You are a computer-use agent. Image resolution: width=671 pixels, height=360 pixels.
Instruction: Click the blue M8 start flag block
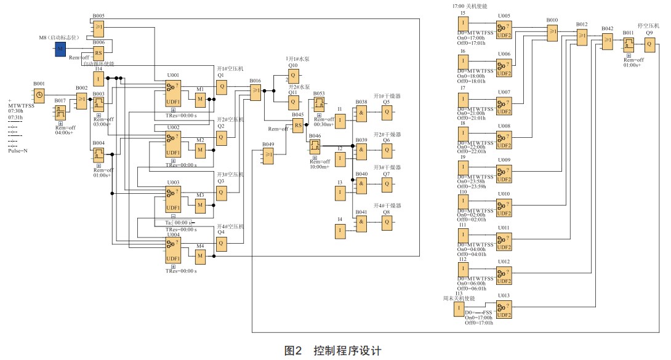[60, 49]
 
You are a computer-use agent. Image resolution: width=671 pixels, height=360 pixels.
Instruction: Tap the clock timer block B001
[39, 95]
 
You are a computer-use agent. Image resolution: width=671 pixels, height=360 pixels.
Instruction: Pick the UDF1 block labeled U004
[174, 251]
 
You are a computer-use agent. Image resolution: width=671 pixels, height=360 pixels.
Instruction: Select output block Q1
[222, 87]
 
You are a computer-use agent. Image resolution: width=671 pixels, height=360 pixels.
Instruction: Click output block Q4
[222, 242]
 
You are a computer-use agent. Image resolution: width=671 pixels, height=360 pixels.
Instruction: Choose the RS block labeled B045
[298, 125]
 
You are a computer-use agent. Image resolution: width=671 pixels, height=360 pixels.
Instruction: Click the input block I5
[463, 24]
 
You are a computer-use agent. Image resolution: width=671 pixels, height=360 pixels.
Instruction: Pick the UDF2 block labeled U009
[504, 174]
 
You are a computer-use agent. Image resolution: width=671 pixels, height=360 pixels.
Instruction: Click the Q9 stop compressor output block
[649, 44]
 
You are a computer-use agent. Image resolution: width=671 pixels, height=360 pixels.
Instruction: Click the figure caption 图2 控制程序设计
[333, 350]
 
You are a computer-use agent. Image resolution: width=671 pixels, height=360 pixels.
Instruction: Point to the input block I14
[98, 78]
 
